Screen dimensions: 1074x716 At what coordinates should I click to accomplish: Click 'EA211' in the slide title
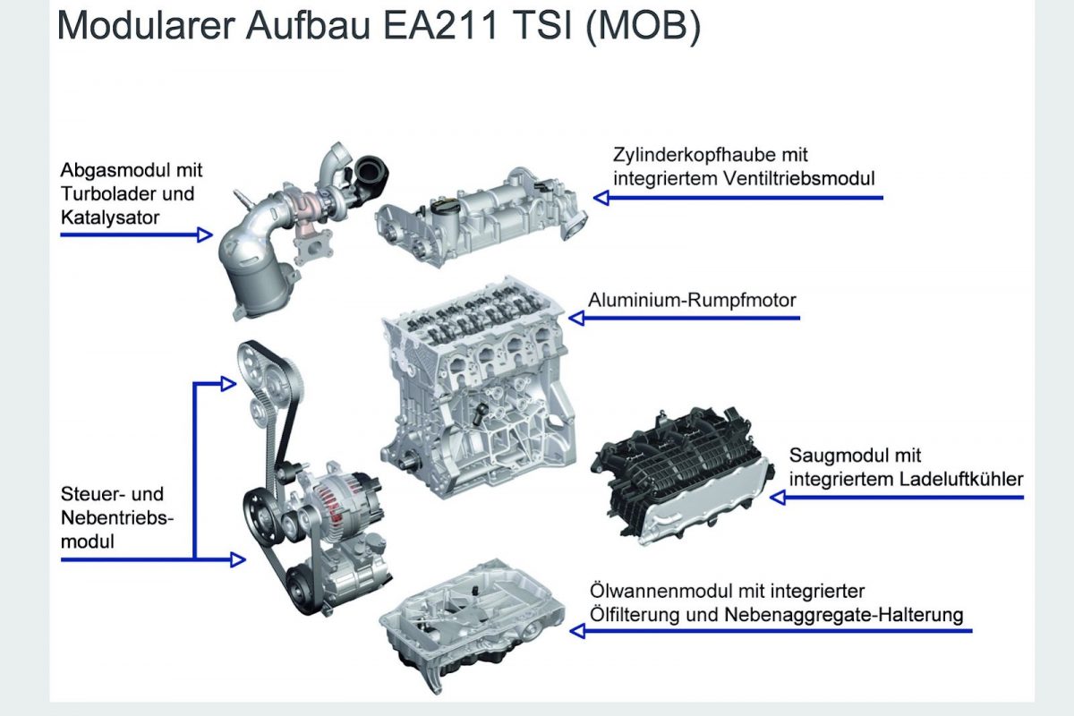tap(441, 25)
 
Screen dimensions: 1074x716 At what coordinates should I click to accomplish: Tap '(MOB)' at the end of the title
tap(644, 26)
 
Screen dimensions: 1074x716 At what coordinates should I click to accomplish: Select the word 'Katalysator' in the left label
tap(110, 217)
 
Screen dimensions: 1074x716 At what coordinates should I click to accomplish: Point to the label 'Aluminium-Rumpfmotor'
tap(692, 300)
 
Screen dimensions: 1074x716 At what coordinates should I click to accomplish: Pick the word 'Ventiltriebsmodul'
tap(799, 178)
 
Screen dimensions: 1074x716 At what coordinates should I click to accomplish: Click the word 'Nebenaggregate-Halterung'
tap(844, 614)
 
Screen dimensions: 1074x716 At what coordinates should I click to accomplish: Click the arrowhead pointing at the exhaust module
tap(205, 235)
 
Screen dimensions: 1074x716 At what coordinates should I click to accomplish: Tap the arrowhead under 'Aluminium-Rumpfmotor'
tap(576, 318)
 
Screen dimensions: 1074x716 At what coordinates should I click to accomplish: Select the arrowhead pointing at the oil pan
tap(578, 631)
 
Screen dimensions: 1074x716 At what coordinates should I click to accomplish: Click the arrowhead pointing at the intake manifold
tap(778, 498)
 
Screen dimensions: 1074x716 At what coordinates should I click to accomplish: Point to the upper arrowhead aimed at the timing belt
tap(229, 384)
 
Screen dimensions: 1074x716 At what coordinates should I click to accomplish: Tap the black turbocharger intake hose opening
tap(371, 171)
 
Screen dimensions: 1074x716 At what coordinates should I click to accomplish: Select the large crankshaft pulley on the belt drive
tap(260, 516)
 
